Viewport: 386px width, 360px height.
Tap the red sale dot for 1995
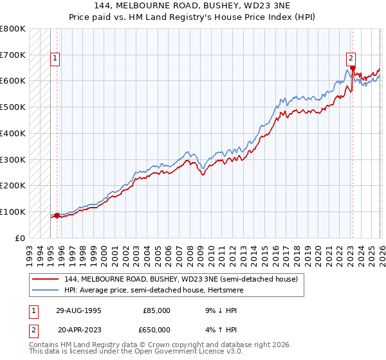coord(57,215)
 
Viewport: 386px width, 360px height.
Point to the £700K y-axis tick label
coord(13,55)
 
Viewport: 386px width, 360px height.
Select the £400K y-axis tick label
coord(13,134)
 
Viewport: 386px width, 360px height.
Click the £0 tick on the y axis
coord(21,238)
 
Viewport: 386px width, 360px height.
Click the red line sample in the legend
coord(46,280)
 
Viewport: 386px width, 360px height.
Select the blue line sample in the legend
coord(46,291)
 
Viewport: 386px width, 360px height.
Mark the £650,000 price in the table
coord(156,329)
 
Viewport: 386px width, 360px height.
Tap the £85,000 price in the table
coord(156,310)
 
